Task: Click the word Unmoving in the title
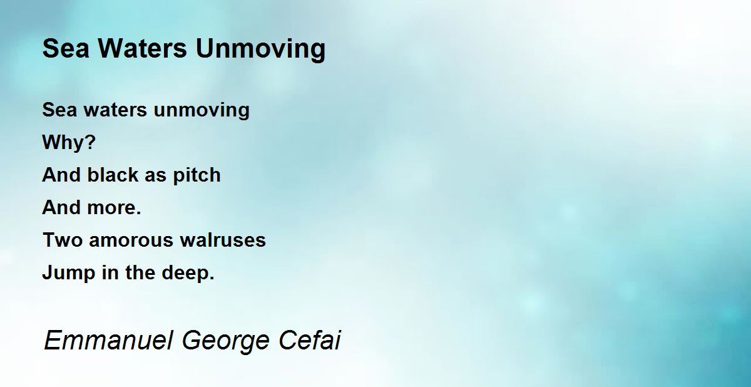[x=260, y=49]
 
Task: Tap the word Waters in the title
[x=142, y=48]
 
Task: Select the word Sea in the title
[x=66, y=48]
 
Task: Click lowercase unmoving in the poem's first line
[x=202, y=111]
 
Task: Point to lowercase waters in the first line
[x=115, y=110]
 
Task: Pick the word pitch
[x=197, y=175]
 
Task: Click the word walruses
[x=223, y=240]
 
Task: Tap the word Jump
[x=69, y=273]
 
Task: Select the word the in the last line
[x=140, y=272]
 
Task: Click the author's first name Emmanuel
[x=109, y=341]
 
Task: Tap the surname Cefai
[x=310, y=341]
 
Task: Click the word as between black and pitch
[x=155, y=176]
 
